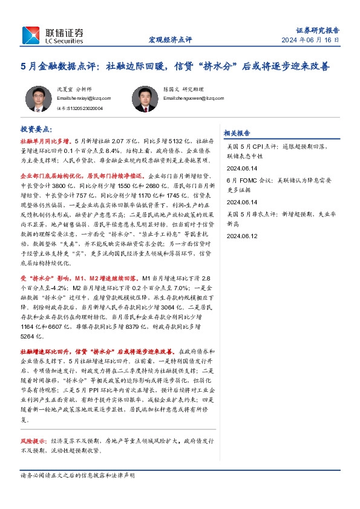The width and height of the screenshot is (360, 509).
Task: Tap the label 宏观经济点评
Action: click(170, 40)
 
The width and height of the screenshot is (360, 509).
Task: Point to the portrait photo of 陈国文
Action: click(143, 99)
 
